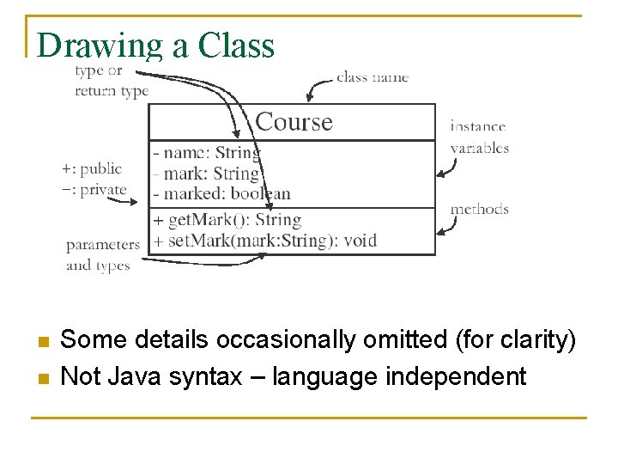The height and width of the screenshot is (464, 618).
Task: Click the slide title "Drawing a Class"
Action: tap(155, 46)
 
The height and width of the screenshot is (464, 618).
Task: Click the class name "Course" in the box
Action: tap(294, 122)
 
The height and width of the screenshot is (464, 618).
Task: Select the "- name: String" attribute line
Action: tap(206, 153)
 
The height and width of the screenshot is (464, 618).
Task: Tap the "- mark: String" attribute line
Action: tap(206, 174)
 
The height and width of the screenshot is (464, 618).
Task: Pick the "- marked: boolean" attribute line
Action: tap(221, 193)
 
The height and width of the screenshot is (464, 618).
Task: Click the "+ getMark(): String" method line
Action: tap(227, 220)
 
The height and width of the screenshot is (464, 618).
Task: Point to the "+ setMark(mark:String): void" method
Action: tap(264, 240)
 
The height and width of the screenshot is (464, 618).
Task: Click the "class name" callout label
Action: tap(373, 76)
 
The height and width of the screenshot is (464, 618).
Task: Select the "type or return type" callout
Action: tap(111, 82)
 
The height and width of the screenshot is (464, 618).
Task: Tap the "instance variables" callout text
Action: tap(479, 137)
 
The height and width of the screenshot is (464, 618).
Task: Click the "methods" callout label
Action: tap(479, 209)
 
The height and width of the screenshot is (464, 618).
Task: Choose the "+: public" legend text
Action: tap(92, 168)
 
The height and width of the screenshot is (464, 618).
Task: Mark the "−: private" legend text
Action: tap(94, 189)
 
